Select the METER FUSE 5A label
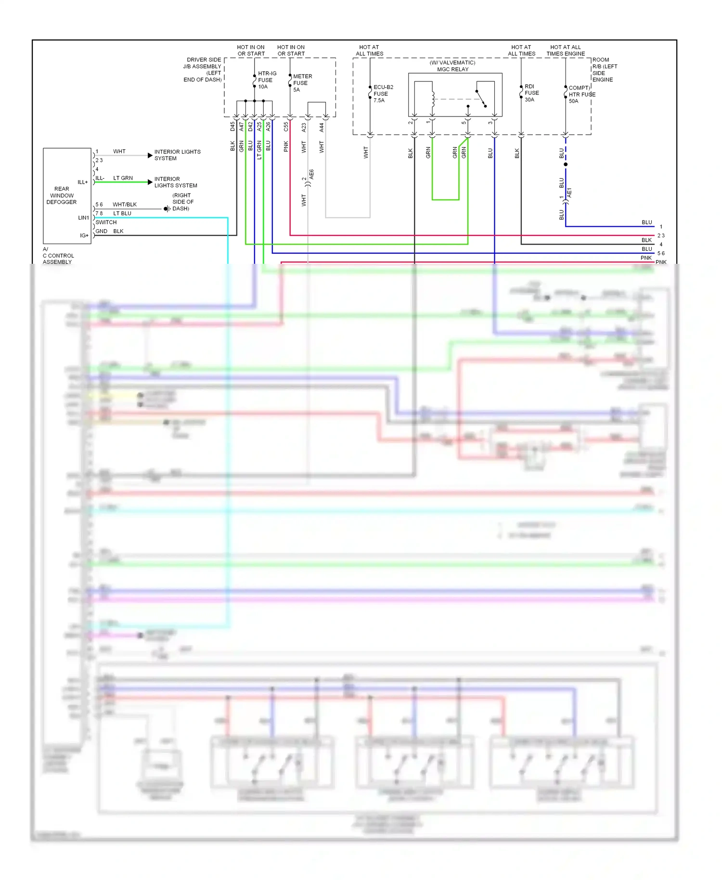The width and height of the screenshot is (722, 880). click(x=302, y=83)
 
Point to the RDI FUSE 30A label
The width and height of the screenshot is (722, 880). click(x=531, y=93)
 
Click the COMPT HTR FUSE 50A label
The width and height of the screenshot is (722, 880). click(x=581, y=94)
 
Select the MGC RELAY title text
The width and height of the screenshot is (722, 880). click(x=452, y=69)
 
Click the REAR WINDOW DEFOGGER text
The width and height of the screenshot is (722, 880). click(x=62, y=195)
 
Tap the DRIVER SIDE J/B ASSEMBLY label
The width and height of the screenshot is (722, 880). click(x=203, y=70)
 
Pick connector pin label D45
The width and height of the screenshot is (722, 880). click(x=232, y=127)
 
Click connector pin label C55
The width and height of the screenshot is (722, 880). click(x=286, y=127)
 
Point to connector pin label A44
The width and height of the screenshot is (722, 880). click(x=322, y=128)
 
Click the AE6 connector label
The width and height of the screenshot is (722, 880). click(x=311, y=174)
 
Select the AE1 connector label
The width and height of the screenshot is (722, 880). click(x=569, y=193)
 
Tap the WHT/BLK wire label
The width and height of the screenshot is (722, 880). click(x=125, y=205)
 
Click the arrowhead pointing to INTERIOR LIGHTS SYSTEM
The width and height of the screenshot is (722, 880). click(x=150, y=155)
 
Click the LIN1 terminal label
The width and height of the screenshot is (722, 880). click(x=83, y=218)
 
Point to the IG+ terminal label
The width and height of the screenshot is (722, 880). click(x=84, y=235)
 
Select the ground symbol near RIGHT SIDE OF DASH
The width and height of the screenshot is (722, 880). click(x=167, y=208)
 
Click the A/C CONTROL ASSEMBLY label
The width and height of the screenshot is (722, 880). click(x=58, y=256)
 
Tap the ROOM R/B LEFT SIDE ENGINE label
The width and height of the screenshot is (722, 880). click(x=604, y=70)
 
